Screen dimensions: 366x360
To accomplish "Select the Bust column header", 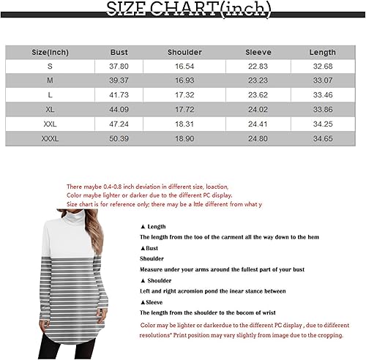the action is pyautogui.click(x=119, y=53).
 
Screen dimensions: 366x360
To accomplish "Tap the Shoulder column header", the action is pyautogui.click(x=184, y=53).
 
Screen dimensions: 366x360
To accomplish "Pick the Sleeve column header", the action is pyautogui.click(x=258, y=53).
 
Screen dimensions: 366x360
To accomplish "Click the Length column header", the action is pyautogui.click(x=322, y=53).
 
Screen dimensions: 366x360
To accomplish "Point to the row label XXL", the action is pyautogui.click(x=50, y=124).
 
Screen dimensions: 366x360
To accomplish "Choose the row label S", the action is pyautogui.click(x=50, y=67).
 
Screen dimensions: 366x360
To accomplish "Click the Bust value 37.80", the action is pyautogui.click(x=119, y=67).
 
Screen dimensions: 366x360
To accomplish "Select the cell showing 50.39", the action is pyautogui.click(x=119, y=138).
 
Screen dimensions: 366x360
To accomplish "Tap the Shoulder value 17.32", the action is pyautogui.click(x=184, y=96).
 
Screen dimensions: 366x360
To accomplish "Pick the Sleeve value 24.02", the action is pyautogui.click(x=258, y=110).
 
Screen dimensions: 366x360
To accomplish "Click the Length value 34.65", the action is pyautogui.click(x=322, y=138).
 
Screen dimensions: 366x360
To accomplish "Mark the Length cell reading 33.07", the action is pyautogui.click(x=322, y=81).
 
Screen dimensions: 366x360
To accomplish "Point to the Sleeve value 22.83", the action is pyautogui.click(x=258, y=67).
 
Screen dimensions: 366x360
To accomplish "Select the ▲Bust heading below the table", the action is pyautogui.click(x=151, y=248).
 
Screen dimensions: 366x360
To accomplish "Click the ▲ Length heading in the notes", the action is pyautogui.click(x=154, y=227).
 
